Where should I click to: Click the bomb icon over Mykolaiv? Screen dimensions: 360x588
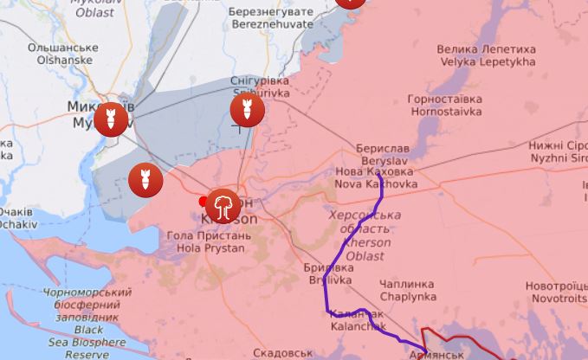(x=110, y=119)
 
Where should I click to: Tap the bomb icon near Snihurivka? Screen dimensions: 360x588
(x=247, y=110)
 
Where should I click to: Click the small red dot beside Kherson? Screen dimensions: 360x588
(x=204, y=202)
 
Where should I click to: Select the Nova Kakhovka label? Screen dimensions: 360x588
(x=375, y=177)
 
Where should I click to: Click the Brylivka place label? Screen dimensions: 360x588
(x=329, y=274)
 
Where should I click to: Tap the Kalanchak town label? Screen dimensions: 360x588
(x=355, y=320)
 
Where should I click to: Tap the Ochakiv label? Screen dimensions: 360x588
(x=17, y=217)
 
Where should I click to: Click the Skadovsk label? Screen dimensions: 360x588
(x=283, y=353)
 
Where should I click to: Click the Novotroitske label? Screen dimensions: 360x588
(x=556, y=292)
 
